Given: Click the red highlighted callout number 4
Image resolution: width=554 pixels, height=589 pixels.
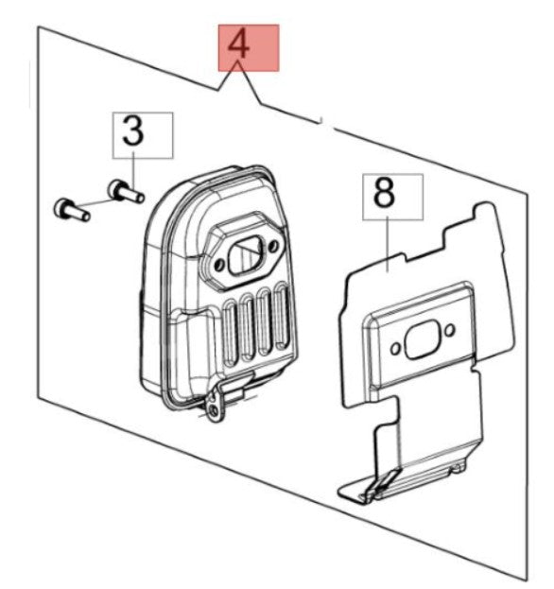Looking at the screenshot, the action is point(249,47).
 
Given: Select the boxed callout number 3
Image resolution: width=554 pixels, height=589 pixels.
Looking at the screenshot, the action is point(143,135).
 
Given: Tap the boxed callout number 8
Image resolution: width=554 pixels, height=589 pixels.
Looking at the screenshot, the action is point(393,197).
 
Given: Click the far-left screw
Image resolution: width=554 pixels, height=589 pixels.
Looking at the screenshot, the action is point(72,210).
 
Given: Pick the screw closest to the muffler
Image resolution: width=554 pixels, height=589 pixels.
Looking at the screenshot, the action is point(126,192).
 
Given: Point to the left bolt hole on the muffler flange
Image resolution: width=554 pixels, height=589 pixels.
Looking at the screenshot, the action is point(219,266).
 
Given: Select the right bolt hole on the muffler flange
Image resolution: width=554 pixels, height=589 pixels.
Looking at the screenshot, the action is point(273,246).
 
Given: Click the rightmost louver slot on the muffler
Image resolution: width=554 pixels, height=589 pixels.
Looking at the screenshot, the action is point(282,314).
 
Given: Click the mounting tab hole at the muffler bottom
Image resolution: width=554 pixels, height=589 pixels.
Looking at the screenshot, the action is point(215,410).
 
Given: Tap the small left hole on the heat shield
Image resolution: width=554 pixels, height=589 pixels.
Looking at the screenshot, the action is point(395,349).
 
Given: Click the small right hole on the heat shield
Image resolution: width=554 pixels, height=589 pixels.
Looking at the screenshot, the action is point(450,331).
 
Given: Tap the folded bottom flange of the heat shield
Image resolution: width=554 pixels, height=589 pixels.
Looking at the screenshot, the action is point(398,482).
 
